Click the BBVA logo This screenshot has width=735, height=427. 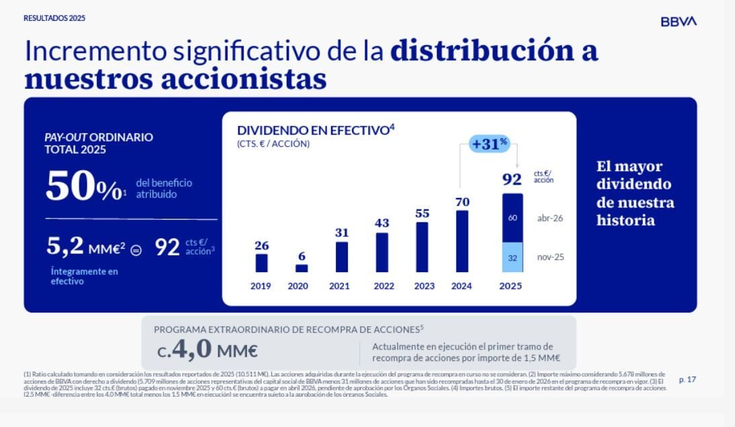coord(678,22)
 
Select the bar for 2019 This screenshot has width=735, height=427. coord(261,263)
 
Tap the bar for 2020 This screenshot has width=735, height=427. coord(302,268)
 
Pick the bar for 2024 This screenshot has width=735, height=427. coord(462,241)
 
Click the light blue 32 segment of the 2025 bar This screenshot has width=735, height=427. coord(512,257)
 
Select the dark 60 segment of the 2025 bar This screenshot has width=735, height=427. coord(512,218)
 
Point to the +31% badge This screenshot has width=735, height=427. coord(489,143)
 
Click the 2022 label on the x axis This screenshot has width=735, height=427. coord(384,286)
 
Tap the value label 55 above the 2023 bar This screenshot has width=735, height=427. coord(422,213)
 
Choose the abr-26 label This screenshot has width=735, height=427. coord(550,218)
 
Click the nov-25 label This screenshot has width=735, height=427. coord(551,257)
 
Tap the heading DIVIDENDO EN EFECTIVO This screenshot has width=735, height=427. coord(312,130)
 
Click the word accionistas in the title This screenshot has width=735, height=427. coord(244,79)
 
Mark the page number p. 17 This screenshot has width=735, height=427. coord(687,380)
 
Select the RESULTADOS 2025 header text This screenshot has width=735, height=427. coord(55,18)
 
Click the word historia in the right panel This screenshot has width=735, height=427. coord(625,220)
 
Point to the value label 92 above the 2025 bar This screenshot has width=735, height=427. coord(512,180)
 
